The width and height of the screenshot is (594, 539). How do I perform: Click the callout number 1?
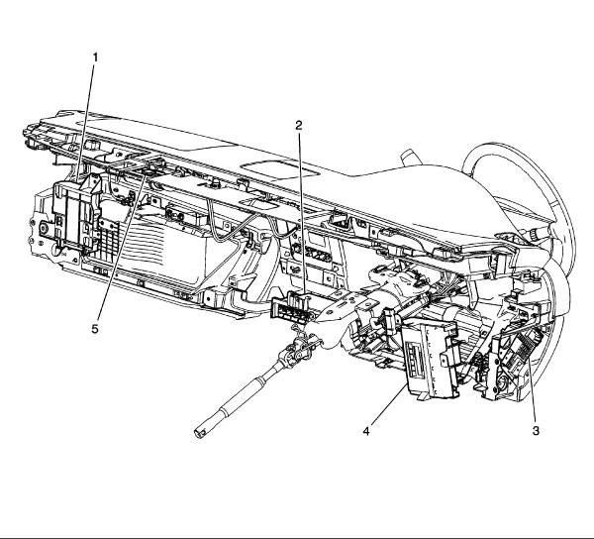(x=95, y=56)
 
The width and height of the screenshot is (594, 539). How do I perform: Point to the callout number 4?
(x=366, y=431)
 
